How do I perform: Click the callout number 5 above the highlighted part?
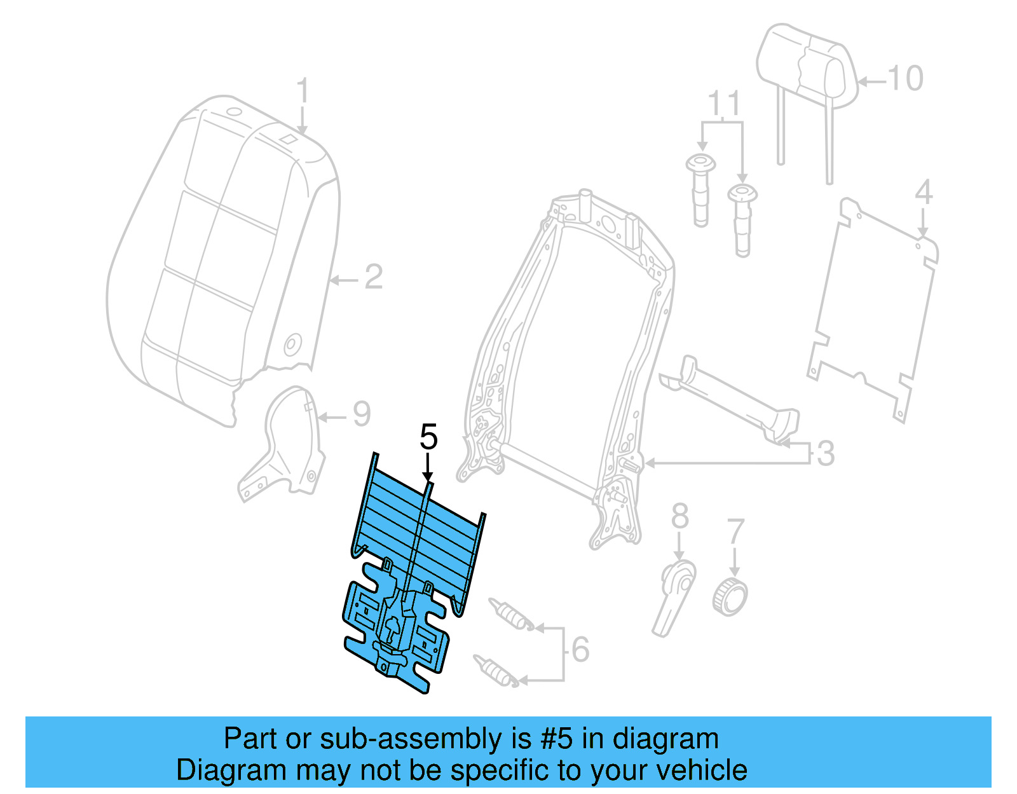[429, 438]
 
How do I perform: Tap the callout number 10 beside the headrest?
[905, 79]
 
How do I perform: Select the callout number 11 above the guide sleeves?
[724, 103]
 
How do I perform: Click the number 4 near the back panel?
[924, 192]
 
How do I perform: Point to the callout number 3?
[825, 454]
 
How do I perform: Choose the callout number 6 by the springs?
[580, 650]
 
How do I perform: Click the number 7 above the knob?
[735, 531]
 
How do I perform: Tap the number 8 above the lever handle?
[679, 516]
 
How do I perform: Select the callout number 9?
[361, 415]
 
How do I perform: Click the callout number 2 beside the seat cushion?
[373, 278]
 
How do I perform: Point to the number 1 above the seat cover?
[303, 92]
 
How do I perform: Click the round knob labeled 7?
[730, 596]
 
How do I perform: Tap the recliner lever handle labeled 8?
[674, 594]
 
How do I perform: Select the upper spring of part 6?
[511, 614]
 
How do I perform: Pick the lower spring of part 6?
[496, 670]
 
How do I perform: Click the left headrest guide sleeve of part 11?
[700, 189]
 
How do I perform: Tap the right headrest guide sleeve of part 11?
[742, 219]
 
